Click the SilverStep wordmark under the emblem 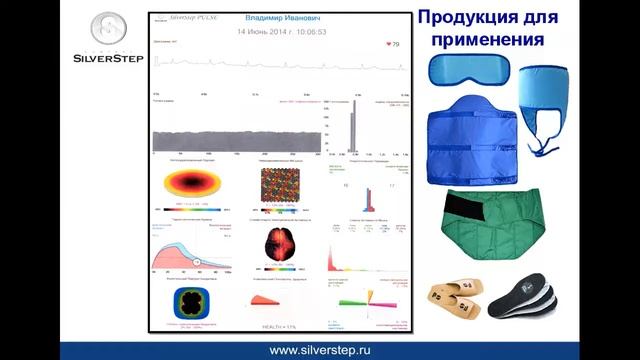[x=105, y=58]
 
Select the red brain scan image [x=280, y=244]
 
